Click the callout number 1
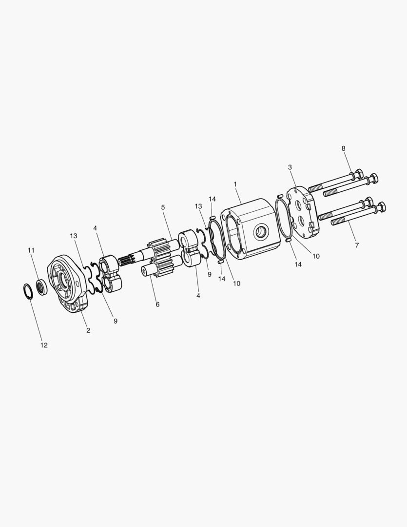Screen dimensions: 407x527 click(x=235, y=184)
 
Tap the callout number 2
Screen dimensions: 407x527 click(x=88, y=330)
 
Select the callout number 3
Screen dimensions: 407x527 click(x=290, y=167)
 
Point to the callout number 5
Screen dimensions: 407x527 click(x=163, y=207)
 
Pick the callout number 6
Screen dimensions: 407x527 click(x=157, y=304)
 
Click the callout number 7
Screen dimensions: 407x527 click(x=357, y=245)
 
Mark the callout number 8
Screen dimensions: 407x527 click(x=343, y=148)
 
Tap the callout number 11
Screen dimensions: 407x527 click(x=31, y=250)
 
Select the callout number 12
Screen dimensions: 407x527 click(x=44, y=345)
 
